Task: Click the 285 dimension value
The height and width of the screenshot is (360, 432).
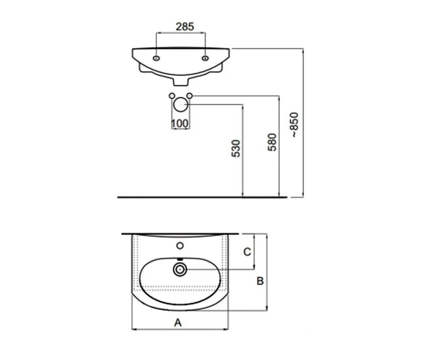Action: coord(184,26)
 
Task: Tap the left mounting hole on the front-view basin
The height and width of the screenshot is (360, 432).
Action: coord(156,58)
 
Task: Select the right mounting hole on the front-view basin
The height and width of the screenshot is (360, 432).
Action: coord(205,58)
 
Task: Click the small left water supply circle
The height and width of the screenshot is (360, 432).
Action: coord(172,96)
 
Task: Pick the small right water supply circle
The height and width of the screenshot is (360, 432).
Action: coord(190,96)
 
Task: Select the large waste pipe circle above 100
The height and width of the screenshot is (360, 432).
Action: coord(180,104)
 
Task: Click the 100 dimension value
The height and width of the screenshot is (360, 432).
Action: coord(180,124)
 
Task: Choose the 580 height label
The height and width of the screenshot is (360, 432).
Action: coord(272,142)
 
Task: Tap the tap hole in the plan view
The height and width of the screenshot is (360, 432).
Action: coord(180,246)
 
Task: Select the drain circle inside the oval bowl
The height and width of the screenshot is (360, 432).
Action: coord(180,269)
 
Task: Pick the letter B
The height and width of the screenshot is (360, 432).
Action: coord(260,281)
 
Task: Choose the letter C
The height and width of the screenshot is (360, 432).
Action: coord(247,252)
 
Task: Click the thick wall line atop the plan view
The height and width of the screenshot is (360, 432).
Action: coord(180,234)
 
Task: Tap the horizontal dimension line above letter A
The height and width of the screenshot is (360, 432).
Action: coord(180,330)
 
